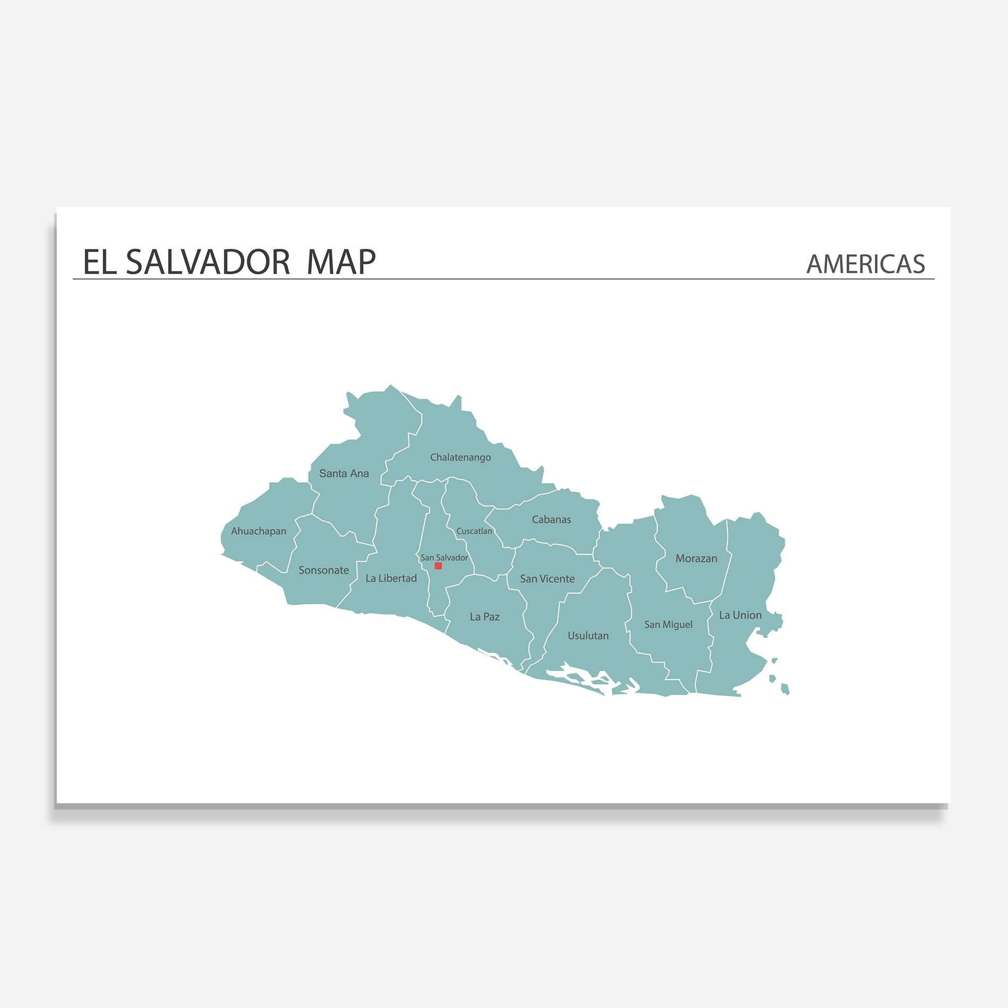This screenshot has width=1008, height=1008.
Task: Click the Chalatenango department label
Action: [x=460, y=457]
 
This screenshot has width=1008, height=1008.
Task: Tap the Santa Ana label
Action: [x=344, y=474]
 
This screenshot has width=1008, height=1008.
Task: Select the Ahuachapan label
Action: [x=258, y=531]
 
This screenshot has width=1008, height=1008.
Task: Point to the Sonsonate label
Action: [x=324, y=570]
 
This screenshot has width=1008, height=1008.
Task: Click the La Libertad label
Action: [x=391, y=578]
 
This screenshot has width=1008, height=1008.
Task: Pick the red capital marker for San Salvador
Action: [x=438, y=566]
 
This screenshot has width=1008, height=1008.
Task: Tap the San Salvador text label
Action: [x=444, y=558]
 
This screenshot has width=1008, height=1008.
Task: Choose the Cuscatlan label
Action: [x=474, y=531]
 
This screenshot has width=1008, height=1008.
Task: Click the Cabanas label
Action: [x=551, y=520]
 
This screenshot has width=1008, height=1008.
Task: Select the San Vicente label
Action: [x=547, y=579]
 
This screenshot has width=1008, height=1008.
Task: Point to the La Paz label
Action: [x=484, y=617]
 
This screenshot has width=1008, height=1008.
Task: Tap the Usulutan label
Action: [x=588, y=636]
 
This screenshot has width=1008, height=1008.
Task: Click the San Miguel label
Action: [x=668, y=625]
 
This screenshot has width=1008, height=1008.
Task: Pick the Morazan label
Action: [x=696, y=559]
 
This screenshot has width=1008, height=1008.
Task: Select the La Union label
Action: [x=740, y=615]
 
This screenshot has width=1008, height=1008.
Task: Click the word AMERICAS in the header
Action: [x=865, y=264]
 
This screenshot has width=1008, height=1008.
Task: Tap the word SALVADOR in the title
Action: [x=207, y=262]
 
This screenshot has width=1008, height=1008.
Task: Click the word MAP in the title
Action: [x=341, y=262]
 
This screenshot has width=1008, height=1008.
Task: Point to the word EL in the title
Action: [x=100, y=262]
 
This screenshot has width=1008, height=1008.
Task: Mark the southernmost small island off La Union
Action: [x=785, y=689]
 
